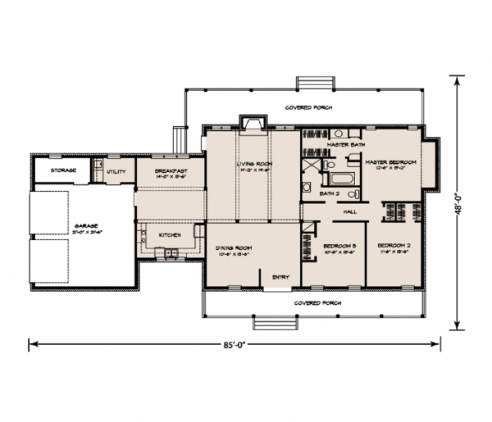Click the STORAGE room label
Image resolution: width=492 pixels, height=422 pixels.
[63, 170]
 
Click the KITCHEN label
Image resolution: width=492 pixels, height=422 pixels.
[170, 235]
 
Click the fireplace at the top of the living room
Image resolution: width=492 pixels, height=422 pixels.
[251, 123]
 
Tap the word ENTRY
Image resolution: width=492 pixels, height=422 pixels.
[280, 276]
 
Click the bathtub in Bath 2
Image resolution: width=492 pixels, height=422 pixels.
[339, 177]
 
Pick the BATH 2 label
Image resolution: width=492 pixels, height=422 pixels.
[329, 193]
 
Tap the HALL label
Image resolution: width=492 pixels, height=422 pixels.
[350, 211]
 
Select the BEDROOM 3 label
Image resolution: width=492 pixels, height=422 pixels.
[339, 247]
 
